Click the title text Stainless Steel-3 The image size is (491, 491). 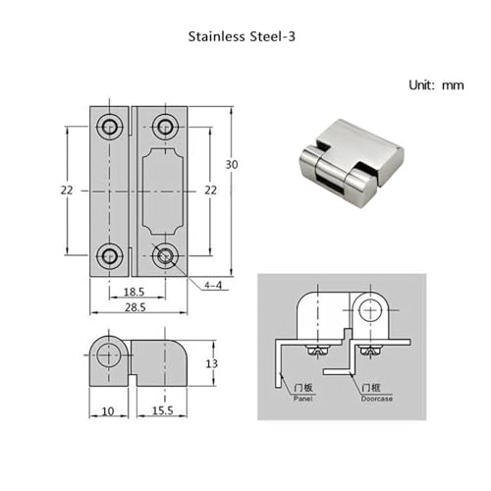pyautogui.click(x=242, y=36)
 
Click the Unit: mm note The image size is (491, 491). pyautogui.click(x=436, y=85)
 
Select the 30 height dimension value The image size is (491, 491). pyautogui.click(x=232, y=164)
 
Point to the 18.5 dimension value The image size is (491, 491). pyautogui.click(x=134, y=292)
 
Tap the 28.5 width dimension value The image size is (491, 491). pyautogui.click(x=136, y=307)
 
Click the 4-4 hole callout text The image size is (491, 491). pyautogui.click(x=213, y=285)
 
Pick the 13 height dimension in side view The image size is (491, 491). pyautogui.click(x=212, y=363)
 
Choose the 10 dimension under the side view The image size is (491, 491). pyautogui.click(x=108, y=411)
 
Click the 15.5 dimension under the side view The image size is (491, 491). pyautogui.click(x=163, y=410)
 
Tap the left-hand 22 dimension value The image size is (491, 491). pyautogui.click(x=67, y=190)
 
